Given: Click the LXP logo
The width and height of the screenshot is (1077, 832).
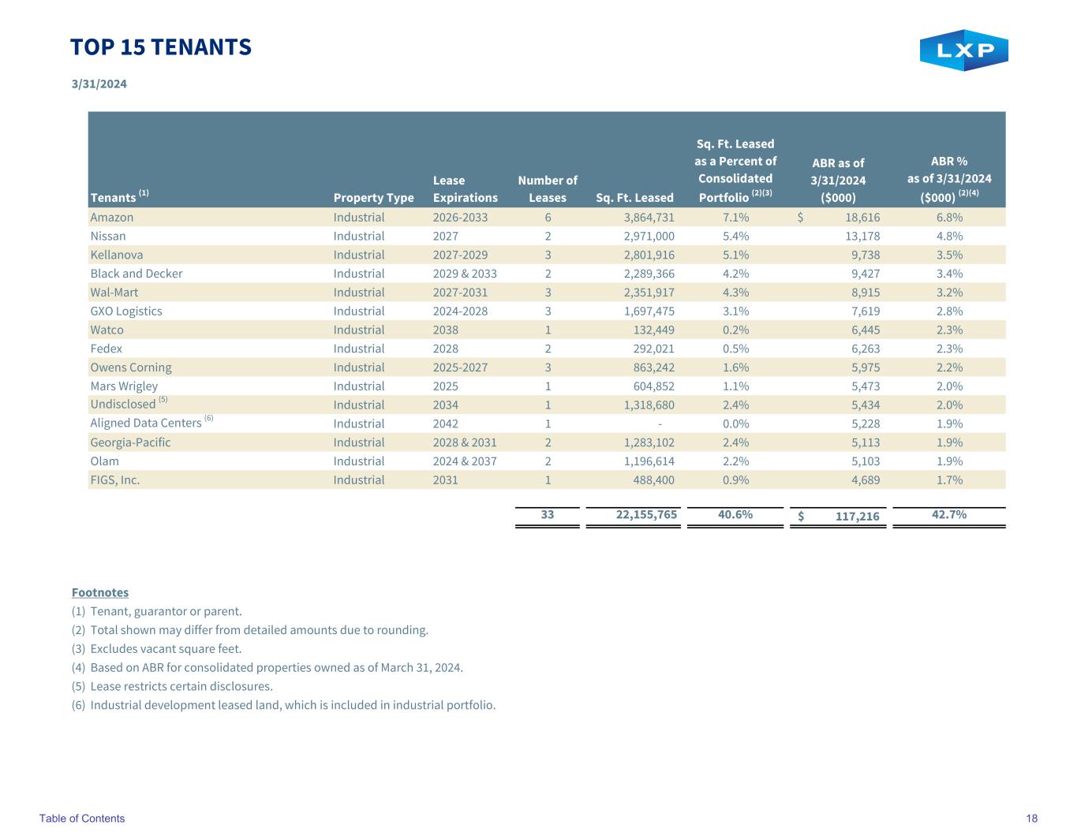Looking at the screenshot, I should point(963,50).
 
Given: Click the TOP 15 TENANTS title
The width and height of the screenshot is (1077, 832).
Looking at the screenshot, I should point(161,47).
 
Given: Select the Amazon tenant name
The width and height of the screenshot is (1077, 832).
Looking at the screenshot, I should point(112,218).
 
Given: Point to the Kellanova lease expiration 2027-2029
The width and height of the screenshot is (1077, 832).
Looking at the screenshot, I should point(460,256).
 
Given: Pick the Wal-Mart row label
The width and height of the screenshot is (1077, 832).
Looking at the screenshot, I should point(114,293).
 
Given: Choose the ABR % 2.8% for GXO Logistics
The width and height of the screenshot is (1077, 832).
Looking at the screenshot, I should point(949,312).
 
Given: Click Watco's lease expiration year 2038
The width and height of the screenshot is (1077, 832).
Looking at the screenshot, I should point(446,330).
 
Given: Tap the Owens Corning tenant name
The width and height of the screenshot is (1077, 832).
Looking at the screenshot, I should point(131,367).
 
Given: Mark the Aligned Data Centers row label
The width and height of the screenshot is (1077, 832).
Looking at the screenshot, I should point(146,423).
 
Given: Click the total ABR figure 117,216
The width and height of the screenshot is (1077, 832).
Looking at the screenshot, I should point(858,516).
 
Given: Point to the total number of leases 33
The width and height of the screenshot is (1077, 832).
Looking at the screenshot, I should point(548,514).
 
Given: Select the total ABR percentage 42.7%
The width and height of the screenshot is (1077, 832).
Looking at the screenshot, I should point(949,514).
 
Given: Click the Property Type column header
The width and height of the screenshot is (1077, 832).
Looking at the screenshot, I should point(373,197).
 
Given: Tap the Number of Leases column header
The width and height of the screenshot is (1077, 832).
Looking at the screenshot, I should point(548,188).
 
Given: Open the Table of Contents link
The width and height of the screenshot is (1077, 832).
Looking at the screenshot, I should point(82,819).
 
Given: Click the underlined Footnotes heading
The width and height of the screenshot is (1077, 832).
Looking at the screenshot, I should point(100,592).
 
